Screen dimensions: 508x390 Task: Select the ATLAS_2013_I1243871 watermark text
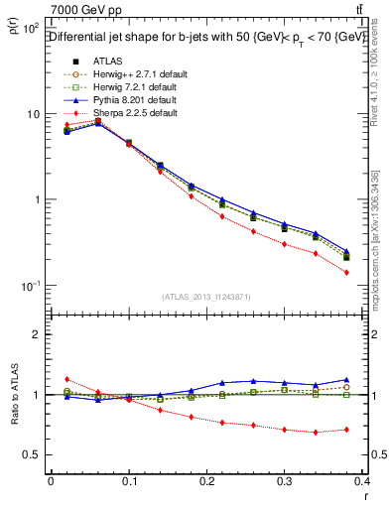tap(205, 298)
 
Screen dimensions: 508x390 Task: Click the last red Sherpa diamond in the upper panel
tap(346, 272)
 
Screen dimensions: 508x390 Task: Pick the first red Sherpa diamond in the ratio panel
tap(66, 379)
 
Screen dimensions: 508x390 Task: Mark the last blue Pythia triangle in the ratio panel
tap(346, 379)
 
